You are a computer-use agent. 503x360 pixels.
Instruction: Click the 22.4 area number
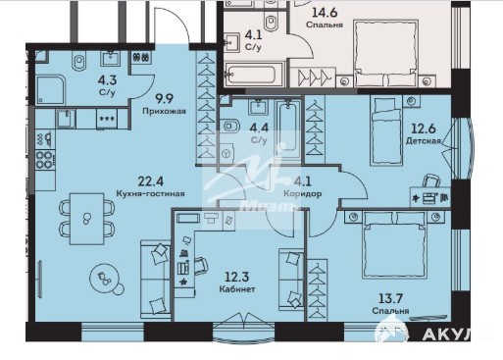pyautogui.click(x=151, y=180)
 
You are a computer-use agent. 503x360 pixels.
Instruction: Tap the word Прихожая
pyautogui.click(x=164, y=111)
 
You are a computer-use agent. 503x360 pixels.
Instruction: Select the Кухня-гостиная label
pyautogui.click(x=150, y=193)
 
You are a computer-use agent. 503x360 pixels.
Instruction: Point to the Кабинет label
pyautogui.click(x=237, y=289)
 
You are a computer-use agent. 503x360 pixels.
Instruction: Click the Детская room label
pyautogui.click(x=424, y=141)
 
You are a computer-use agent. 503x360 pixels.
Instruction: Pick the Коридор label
pyautogui.click(x=302, y=193)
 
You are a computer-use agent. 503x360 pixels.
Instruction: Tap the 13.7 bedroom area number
pyautogui.click(x=390, y=298)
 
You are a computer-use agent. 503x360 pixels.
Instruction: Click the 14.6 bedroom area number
pyautogui.click(x=324, y=13)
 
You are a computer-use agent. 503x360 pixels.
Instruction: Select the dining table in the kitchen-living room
pyautogui.click(x=87, y=219)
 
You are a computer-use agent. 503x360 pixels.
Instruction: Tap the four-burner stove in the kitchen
pyautogui.click(x=45, y=160)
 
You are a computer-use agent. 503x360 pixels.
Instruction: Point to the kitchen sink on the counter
pyautogui.click(x=66, y=119)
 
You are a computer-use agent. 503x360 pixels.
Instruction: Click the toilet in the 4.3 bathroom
pyautogui.click(x=78, y=61)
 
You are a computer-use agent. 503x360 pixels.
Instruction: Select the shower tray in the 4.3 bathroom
pyautogui.click(x=51, y=90)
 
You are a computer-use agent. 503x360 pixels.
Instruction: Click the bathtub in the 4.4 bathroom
pyautogui.click(x=288, y=129)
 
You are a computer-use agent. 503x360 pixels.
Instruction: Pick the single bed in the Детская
pyautogui.click(x=385, y=129)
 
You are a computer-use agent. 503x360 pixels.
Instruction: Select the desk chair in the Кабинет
pyautogui.click(x=201, y=266)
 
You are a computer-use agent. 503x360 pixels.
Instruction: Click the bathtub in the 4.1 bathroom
pyautogui.click(x=253, y=75)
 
